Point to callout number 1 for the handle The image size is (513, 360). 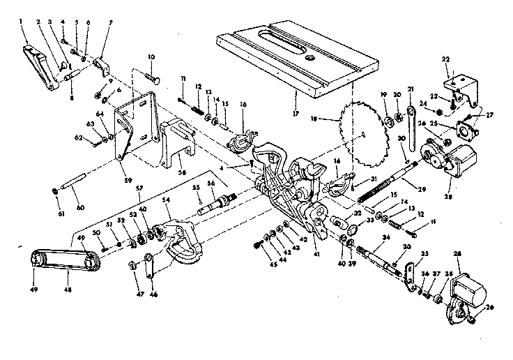point(22,23)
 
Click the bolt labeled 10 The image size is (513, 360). point(151,72)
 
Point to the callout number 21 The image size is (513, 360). point(411,89)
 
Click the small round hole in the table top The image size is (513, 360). point(308,59)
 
